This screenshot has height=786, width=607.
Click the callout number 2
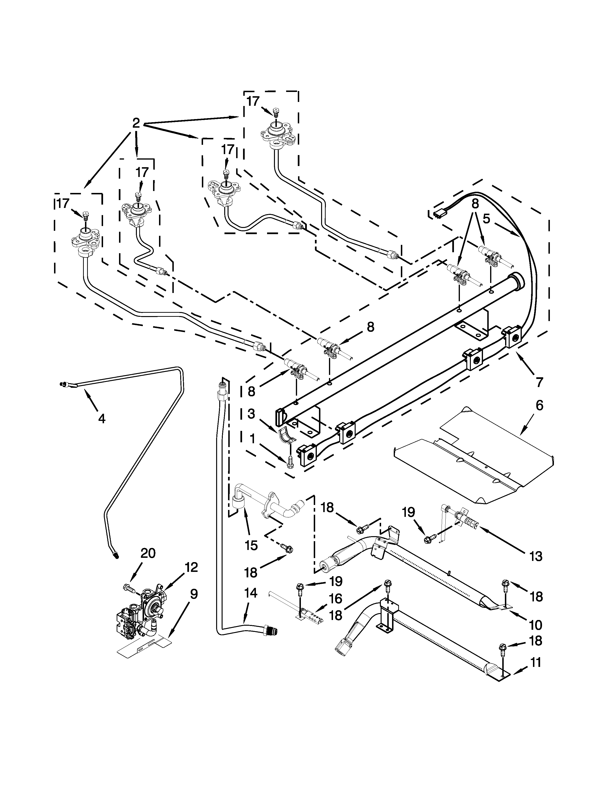pyautogui.click(x=136, y=123)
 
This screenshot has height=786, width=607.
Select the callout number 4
pyautogui.click(x=102, y=418)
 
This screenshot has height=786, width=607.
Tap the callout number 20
pyautogui.click(x=148, y=553)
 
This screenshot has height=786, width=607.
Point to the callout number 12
pyautogui.click(x=191, y=568)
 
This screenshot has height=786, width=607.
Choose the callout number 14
pyautogui.click(x=251, y=593)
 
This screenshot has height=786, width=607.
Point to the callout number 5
pyautogui.click(x=486, y=219)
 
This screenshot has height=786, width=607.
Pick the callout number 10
pyautogui.click(x=535, y=625)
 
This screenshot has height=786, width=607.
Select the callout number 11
pyautogui.click(x=535, y=663)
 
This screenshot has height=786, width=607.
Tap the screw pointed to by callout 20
pyautogui.click(x=129, y=587)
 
